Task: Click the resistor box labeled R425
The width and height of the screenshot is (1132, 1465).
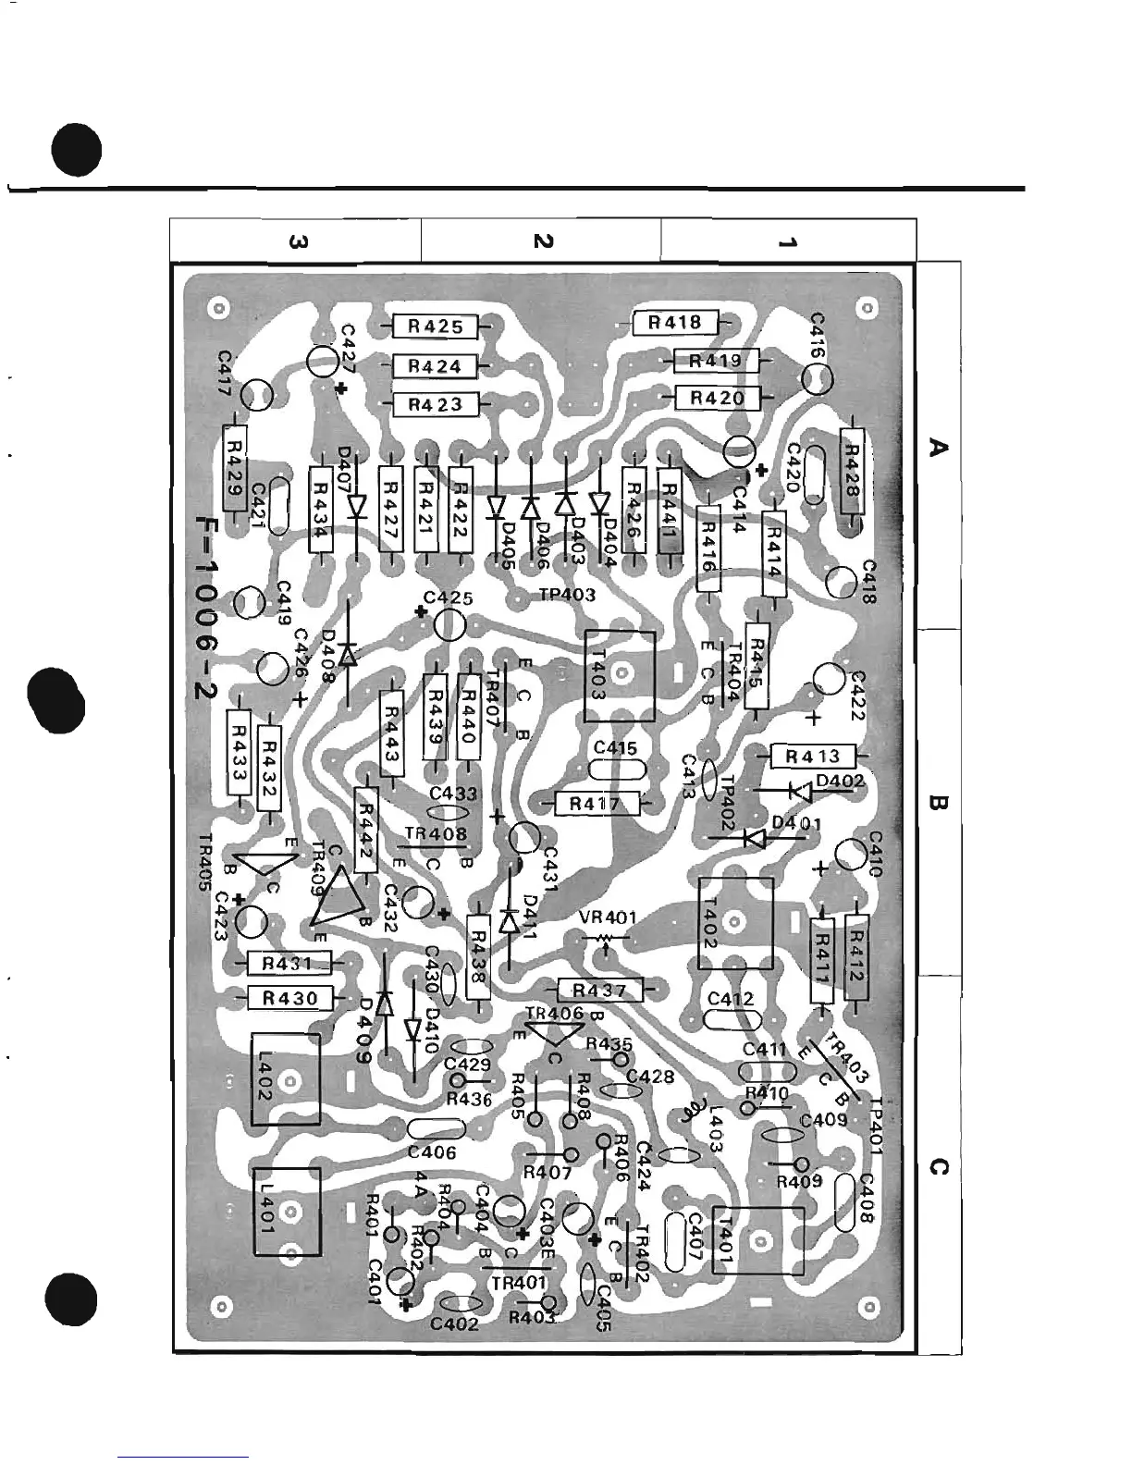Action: click(435, 326)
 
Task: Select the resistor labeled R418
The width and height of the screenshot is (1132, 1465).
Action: click(675, 323)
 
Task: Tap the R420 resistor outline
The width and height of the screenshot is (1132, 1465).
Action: click(717, 399)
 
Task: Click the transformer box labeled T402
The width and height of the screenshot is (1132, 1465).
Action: click(735, 922)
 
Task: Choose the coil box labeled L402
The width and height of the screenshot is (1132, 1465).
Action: click(286, 1079)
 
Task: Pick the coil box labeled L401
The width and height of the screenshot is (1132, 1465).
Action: click(288, 1211)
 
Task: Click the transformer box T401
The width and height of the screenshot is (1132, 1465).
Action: click(757, 1240)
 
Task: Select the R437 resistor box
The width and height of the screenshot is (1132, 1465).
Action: click(600, 991)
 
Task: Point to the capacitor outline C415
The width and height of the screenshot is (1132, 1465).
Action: click(616, 770)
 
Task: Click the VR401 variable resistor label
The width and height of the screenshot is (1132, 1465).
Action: click(607, 918)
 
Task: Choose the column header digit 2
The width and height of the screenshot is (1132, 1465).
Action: click(542, 240)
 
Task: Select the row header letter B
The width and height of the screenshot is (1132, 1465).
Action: click(937, 802)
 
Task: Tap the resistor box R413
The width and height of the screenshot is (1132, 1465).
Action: click(812, 757)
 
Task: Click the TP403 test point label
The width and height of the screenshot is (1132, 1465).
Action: click(567, 595)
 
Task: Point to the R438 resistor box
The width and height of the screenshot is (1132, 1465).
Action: click(477, 956)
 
